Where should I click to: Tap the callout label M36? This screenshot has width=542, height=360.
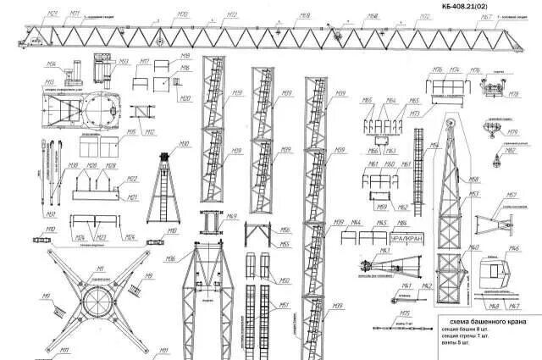[x=52, y=64]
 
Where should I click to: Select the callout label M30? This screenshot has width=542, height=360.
[x=183, y=144]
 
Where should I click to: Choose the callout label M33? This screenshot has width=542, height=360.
[x=123, y=61]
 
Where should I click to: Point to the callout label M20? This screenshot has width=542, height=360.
[x=185, y=98]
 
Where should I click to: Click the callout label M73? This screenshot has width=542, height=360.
[x=415, y=114]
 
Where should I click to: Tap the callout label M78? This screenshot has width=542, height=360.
[x=513, y=96]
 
